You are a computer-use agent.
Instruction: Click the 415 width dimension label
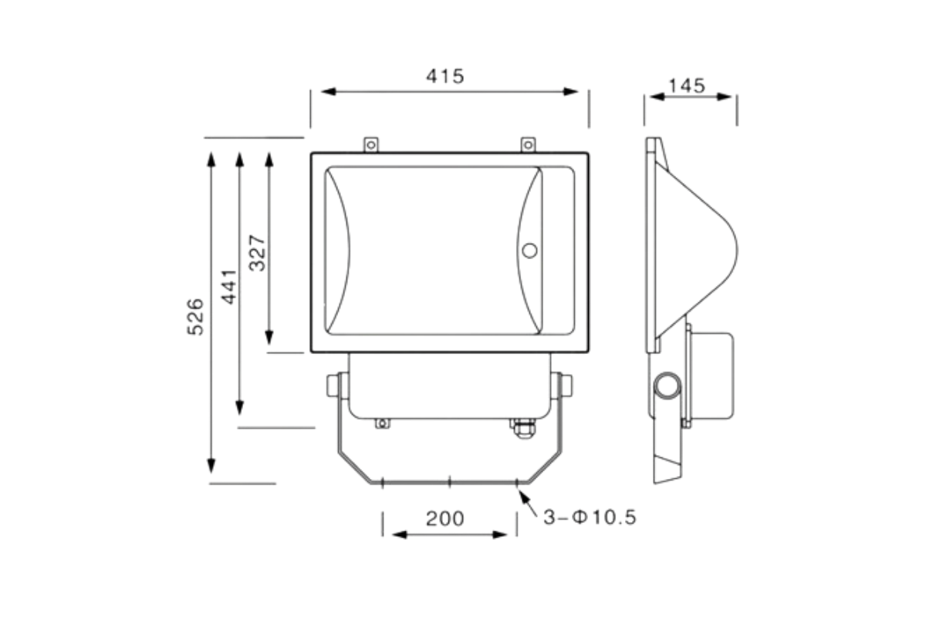tap(445, 76)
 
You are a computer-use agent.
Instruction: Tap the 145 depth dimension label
tap(687, 86)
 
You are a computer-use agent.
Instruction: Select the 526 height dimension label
tap(195, 317)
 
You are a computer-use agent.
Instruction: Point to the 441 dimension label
tap(229, 287)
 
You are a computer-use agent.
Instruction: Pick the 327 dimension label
tap(257, 253)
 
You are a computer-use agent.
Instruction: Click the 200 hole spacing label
tap(445, 518)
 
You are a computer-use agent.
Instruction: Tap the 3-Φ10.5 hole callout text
tap(590, 518)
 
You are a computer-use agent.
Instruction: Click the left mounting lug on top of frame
tap(371, 145)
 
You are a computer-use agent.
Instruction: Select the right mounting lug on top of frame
tap(528, 145)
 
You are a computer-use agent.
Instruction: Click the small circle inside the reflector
tap(529, 251)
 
